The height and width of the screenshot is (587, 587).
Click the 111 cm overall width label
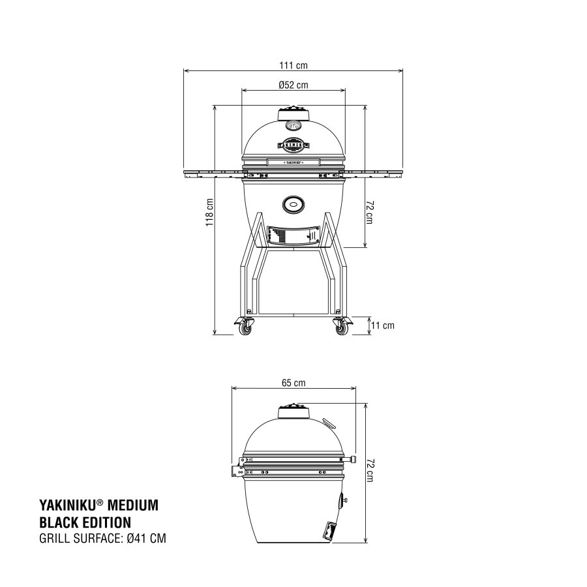[x=293, y=65]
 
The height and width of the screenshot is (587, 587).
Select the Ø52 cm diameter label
[x=293, y=85]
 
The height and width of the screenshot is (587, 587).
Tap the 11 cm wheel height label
[x=384, y=325]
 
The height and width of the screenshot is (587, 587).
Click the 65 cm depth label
[x=293, y=383]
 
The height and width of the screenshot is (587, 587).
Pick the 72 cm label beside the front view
[x=369, y=212]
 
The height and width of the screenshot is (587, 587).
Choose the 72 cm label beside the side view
[x=370, y=470]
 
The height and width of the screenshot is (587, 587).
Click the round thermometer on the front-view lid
[x=293, y=127]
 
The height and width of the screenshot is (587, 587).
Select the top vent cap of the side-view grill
[x=293, y=411]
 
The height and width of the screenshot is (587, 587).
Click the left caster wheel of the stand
[x=245, y=326]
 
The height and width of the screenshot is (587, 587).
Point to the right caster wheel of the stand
[x=341, y=326]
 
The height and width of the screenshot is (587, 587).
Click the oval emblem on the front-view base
[x=293, y=205]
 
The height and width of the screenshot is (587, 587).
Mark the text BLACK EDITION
[x=85, y=522]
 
